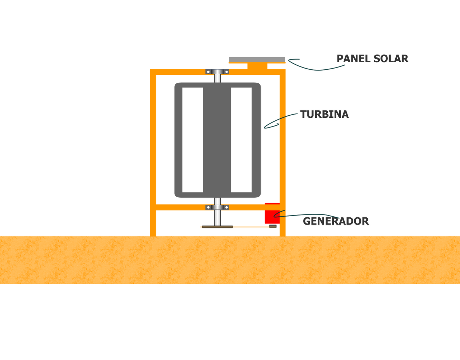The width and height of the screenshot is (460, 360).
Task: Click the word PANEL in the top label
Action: pos(354,59)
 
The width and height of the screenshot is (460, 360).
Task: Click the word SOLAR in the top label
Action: pos(391,59)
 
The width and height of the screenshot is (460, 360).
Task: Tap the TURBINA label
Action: pos(324,114)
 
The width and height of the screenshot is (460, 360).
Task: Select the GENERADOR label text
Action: pos(336,221)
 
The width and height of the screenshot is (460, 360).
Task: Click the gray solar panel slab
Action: pos(257,60)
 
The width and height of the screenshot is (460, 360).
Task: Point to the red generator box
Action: pos(272,213)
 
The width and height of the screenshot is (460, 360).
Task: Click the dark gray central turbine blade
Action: pos(217,140)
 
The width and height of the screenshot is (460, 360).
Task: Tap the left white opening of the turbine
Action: pos(192,140)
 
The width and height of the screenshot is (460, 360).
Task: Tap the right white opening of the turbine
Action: pos(241,140)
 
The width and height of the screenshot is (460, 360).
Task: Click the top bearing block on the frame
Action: pos(217,72)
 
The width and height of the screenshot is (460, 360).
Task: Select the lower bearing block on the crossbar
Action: pos(217,207)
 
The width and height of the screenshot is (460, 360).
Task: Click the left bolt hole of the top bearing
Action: pos(208,72)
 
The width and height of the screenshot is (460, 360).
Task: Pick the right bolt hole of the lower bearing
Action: pos(226,207)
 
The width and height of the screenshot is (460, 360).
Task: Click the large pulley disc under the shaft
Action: pos(217,227)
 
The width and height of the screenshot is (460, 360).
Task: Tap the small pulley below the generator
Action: pos(273,226)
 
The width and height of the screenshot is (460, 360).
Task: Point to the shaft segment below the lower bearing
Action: pos(217,218)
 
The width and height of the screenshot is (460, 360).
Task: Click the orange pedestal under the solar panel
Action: pos(257,66)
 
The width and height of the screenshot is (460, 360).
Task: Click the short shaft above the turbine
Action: pos(217,79)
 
